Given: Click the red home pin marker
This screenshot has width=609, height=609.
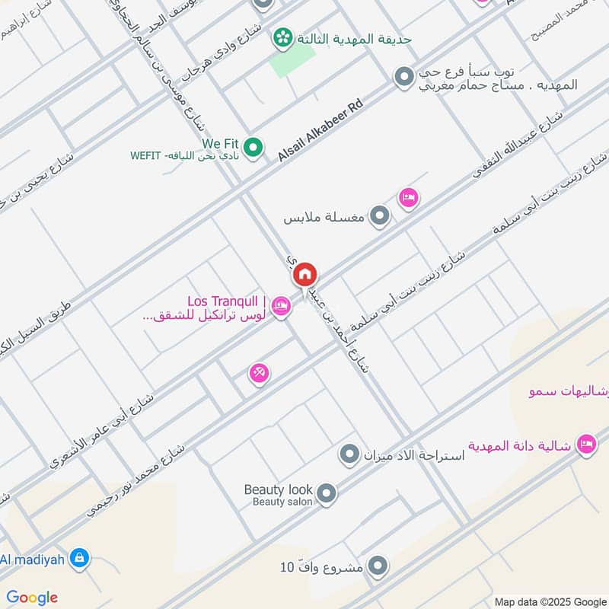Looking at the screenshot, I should point(304,274).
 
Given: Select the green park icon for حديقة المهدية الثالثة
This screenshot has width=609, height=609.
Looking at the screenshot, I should point(283,37).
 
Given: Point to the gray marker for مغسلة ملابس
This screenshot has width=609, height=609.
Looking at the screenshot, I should point(380,218).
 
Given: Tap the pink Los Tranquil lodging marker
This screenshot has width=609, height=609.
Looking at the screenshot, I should point(280,306).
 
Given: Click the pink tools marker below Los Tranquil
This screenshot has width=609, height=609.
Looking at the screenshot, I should point(259,373).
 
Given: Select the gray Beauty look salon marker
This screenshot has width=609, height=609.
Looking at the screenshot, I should point(326,494).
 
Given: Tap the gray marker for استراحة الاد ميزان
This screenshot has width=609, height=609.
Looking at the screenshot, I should point(349,455).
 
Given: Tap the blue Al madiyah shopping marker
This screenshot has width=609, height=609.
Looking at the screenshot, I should point(78,559).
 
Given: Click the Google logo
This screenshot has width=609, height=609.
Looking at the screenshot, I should point(32,598).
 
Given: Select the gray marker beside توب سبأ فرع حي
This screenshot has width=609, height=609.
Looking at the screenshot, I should point(403,76).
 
